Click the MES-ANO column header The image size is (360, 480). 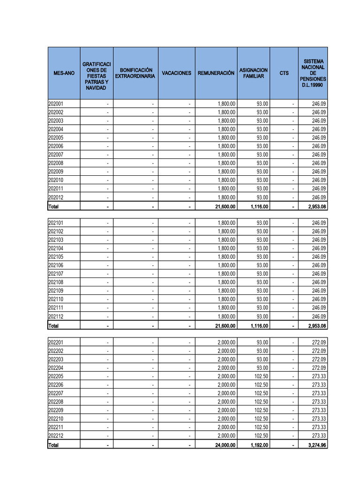pos(64,73)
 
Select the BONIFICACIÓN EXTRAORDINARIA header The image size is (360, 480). pos(135,73)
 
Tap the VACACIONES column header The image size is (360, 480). pos(176,73)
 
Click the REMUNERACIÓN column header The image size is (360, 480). pos(216,73)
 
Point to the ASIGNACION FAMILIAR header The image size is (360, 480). pos(253,73)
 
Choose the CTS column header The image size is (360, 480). pos(284,73)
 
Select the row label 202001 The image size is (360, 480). pos(56,104)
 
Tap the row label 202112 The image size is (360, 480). pos(56,316)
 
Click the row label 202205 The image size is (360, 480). pos(56,376)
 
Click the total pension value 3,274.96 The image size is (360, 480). pos(317,445)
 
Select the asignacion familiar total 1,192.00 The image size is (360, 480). pos(259,445)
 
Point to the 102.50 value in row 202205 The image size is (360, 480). pos(261,376)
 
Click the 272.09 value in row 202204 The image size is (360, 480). pos(319,368)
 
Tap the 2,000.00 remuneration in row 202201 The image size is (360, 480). pos(226,342)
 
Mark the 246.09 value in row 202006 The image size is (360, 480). pos(319,146)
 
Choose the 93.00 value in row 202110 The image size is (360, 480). pos(262,300)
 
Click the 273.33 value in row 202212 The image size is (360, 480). pos(319,436)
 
